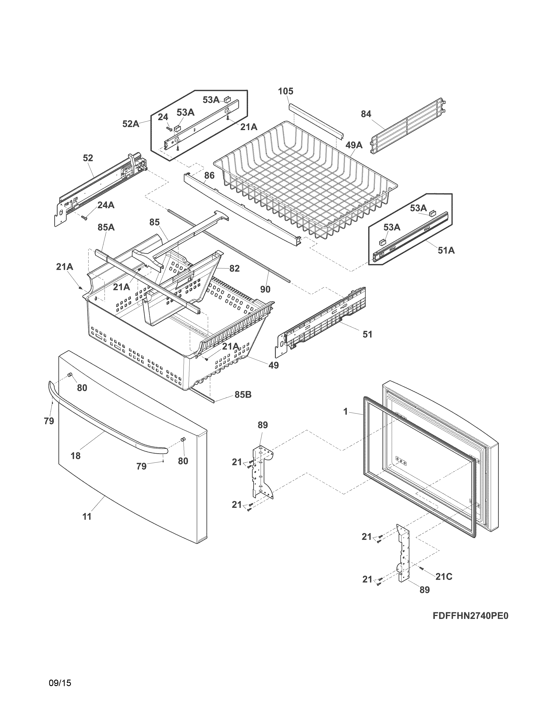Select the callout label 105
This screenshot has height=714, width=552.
(286, 91)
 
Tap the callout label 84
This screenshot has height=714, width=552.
(366, 114)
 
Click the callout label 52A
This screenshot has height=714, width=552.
(131, 124)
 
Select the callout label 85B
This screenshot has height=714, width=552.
(243, 395)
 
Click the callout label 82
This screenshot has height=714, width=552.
(234, 269)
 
